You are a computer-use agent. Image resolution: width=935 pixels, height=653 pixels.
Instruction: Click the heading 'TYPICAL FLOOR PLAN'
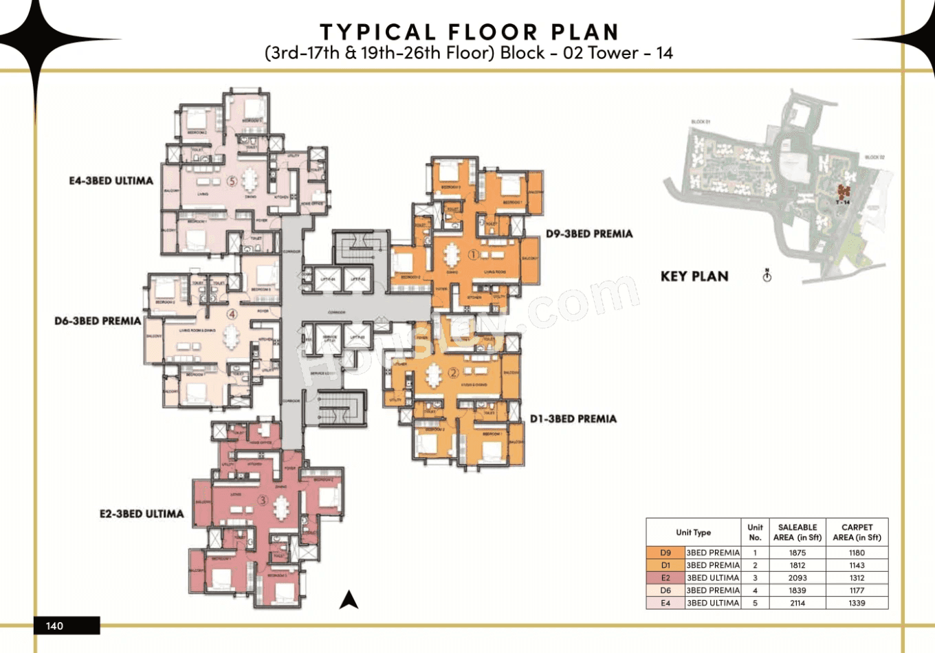tap(470, 32)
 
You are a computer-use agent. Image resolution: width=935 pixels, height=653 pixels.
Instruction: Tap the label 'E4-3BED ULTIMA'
tap(111, 181)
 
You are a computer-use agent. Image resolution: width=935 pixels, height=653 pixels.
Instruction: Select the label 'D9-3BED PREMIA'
tap(588, 234)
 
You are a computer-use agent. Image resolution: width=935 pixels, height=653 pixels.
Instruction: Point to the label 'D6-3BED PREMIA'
tap(98, 321)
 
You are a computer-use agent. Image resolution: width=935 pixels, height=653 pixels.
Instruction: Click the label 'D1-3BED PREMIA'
tap(573, 419)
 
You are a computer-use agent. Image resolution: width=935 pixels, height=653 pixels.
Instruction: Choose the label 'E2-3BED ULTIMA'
tap(142, 513)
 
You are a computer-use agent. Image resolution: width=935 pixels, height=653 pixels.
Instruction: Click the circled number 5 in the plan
tap(232, 181)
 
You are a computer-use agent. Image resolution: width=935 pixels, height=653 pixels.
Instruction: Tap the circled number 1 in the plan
tap(473, 255)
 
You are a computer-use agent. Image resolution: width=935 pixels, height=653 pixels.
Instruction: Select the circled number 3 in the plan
tap(263, 500)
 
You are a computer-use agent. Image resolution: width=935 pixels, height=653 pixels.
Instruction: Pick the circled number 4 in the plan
tap(232, 314)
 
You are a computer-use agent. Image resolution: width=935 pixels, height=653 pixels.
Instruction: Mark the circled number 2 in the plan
tap(453, 373)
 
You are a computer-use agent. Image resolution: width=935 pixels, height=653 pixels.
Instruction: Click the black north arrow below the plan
tap(349, 600)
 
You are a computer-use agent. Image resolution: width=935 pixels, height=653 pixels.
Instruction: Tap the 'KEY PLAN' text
tap(694, 276)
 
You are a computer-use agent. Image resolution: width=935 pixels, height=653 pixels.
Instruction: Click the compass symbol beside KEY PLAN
tap(767, 276)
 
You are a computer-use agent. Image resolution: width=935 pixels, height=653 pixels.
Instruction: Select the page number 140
tap(54, 626)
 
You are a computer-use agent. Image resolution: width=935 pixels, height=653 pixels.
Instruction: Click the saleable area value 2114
tap(797, 603)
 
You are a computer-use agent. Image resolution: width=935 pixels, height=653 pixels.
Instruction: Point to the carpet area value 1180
tap(857, 553)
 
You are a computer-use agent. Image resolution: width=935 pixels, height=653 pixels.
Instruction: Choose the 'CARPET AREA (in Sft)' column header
tap(857, 532)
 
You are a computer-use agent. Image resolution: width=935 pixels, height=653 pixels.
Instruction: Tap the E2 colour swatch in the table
tap(665, 578)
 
